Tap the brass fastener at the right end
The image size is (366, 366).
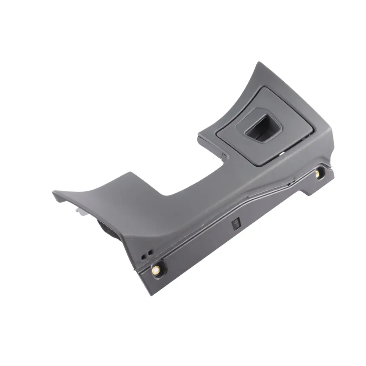pyautogui.click(x=318, y=174)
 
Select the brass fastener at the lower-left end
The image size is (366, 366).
pyautogui.click(x=156, y=270)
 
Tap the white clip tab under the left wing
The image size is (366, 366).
pyautogui.click(x=79, y=212)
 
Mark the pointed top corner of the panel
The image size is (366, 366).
pyautogui.click(x=259, y=63)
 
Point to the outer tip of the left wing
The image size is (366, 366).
pyautogui.click(x=54, y=192)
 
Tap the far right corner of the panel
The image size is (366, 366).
pyautogui.click(x=334, y=169)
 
